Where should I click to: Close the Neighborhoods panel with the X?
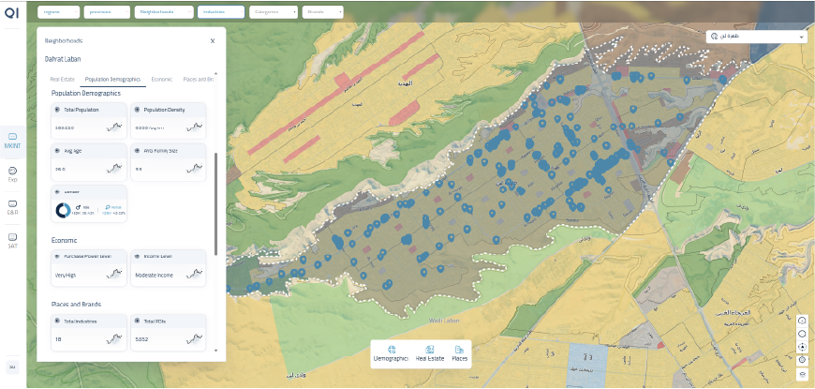213,41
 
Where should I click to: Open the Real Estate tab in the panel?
62,80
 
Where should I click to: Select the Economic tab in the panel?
161,80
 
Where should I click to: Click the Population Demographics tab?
112,80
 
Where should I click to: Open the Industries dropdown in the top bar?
220,12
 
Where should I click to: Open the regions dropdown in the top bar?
58,12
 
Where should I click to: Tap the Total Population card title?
82,110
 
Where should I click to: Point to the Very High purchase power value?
66,276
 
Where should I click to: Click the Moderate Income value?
153,276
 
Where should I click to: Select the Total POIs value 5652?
142,339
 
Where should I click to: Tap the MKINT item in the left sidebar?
13,141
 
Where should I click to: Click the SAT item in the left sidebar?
13,240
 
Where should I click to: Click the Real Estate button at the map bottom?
430,352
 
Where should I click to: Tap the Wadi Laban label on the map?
441,320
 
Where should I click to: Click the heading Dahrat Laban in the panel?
63,60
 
